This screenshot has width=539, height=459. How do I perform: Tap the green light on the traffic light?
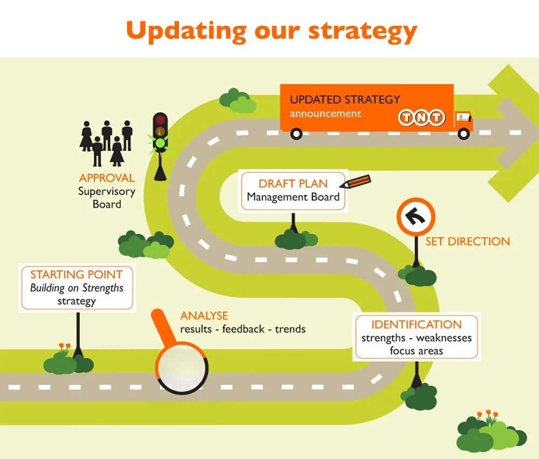(x=160, y=143)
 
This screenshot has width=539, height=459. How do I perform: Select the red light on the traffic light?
(x=160, y=120)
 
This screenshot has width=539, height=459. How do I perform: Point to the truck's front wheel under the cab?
(x=464, y=133)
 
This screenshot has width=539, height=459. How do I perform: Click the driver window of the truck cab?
(x=462, y=117)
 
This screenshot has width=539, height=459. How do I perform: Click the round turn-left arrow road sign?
(x=416, y=217)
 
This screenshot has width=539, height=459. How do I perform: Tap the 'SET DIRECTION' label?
(x=467, y=242)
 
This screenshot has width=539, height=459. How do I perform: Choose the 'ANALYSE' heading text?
(x=204, y=316)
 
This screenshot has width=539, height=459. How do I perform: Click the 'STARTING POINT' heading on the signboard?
(x=76, y=275)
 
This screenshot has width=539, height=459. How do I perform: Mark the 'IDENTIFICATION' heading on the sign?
(x=416, y=325)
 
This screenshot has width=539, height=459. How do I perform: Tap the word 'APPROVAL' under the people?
(x=107, y=178)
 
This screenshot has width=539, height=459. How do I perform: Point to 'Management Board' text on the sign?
(x=293, y=197)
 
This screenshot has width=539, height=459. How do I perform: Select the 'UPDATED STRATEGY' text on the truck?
(x=345, y=100)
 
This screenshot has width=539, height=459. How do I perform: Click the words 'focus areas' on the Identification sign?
(x=416, y=351)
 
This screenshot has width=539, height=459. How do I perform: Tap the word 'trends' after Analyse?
(x=290, y=328)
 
